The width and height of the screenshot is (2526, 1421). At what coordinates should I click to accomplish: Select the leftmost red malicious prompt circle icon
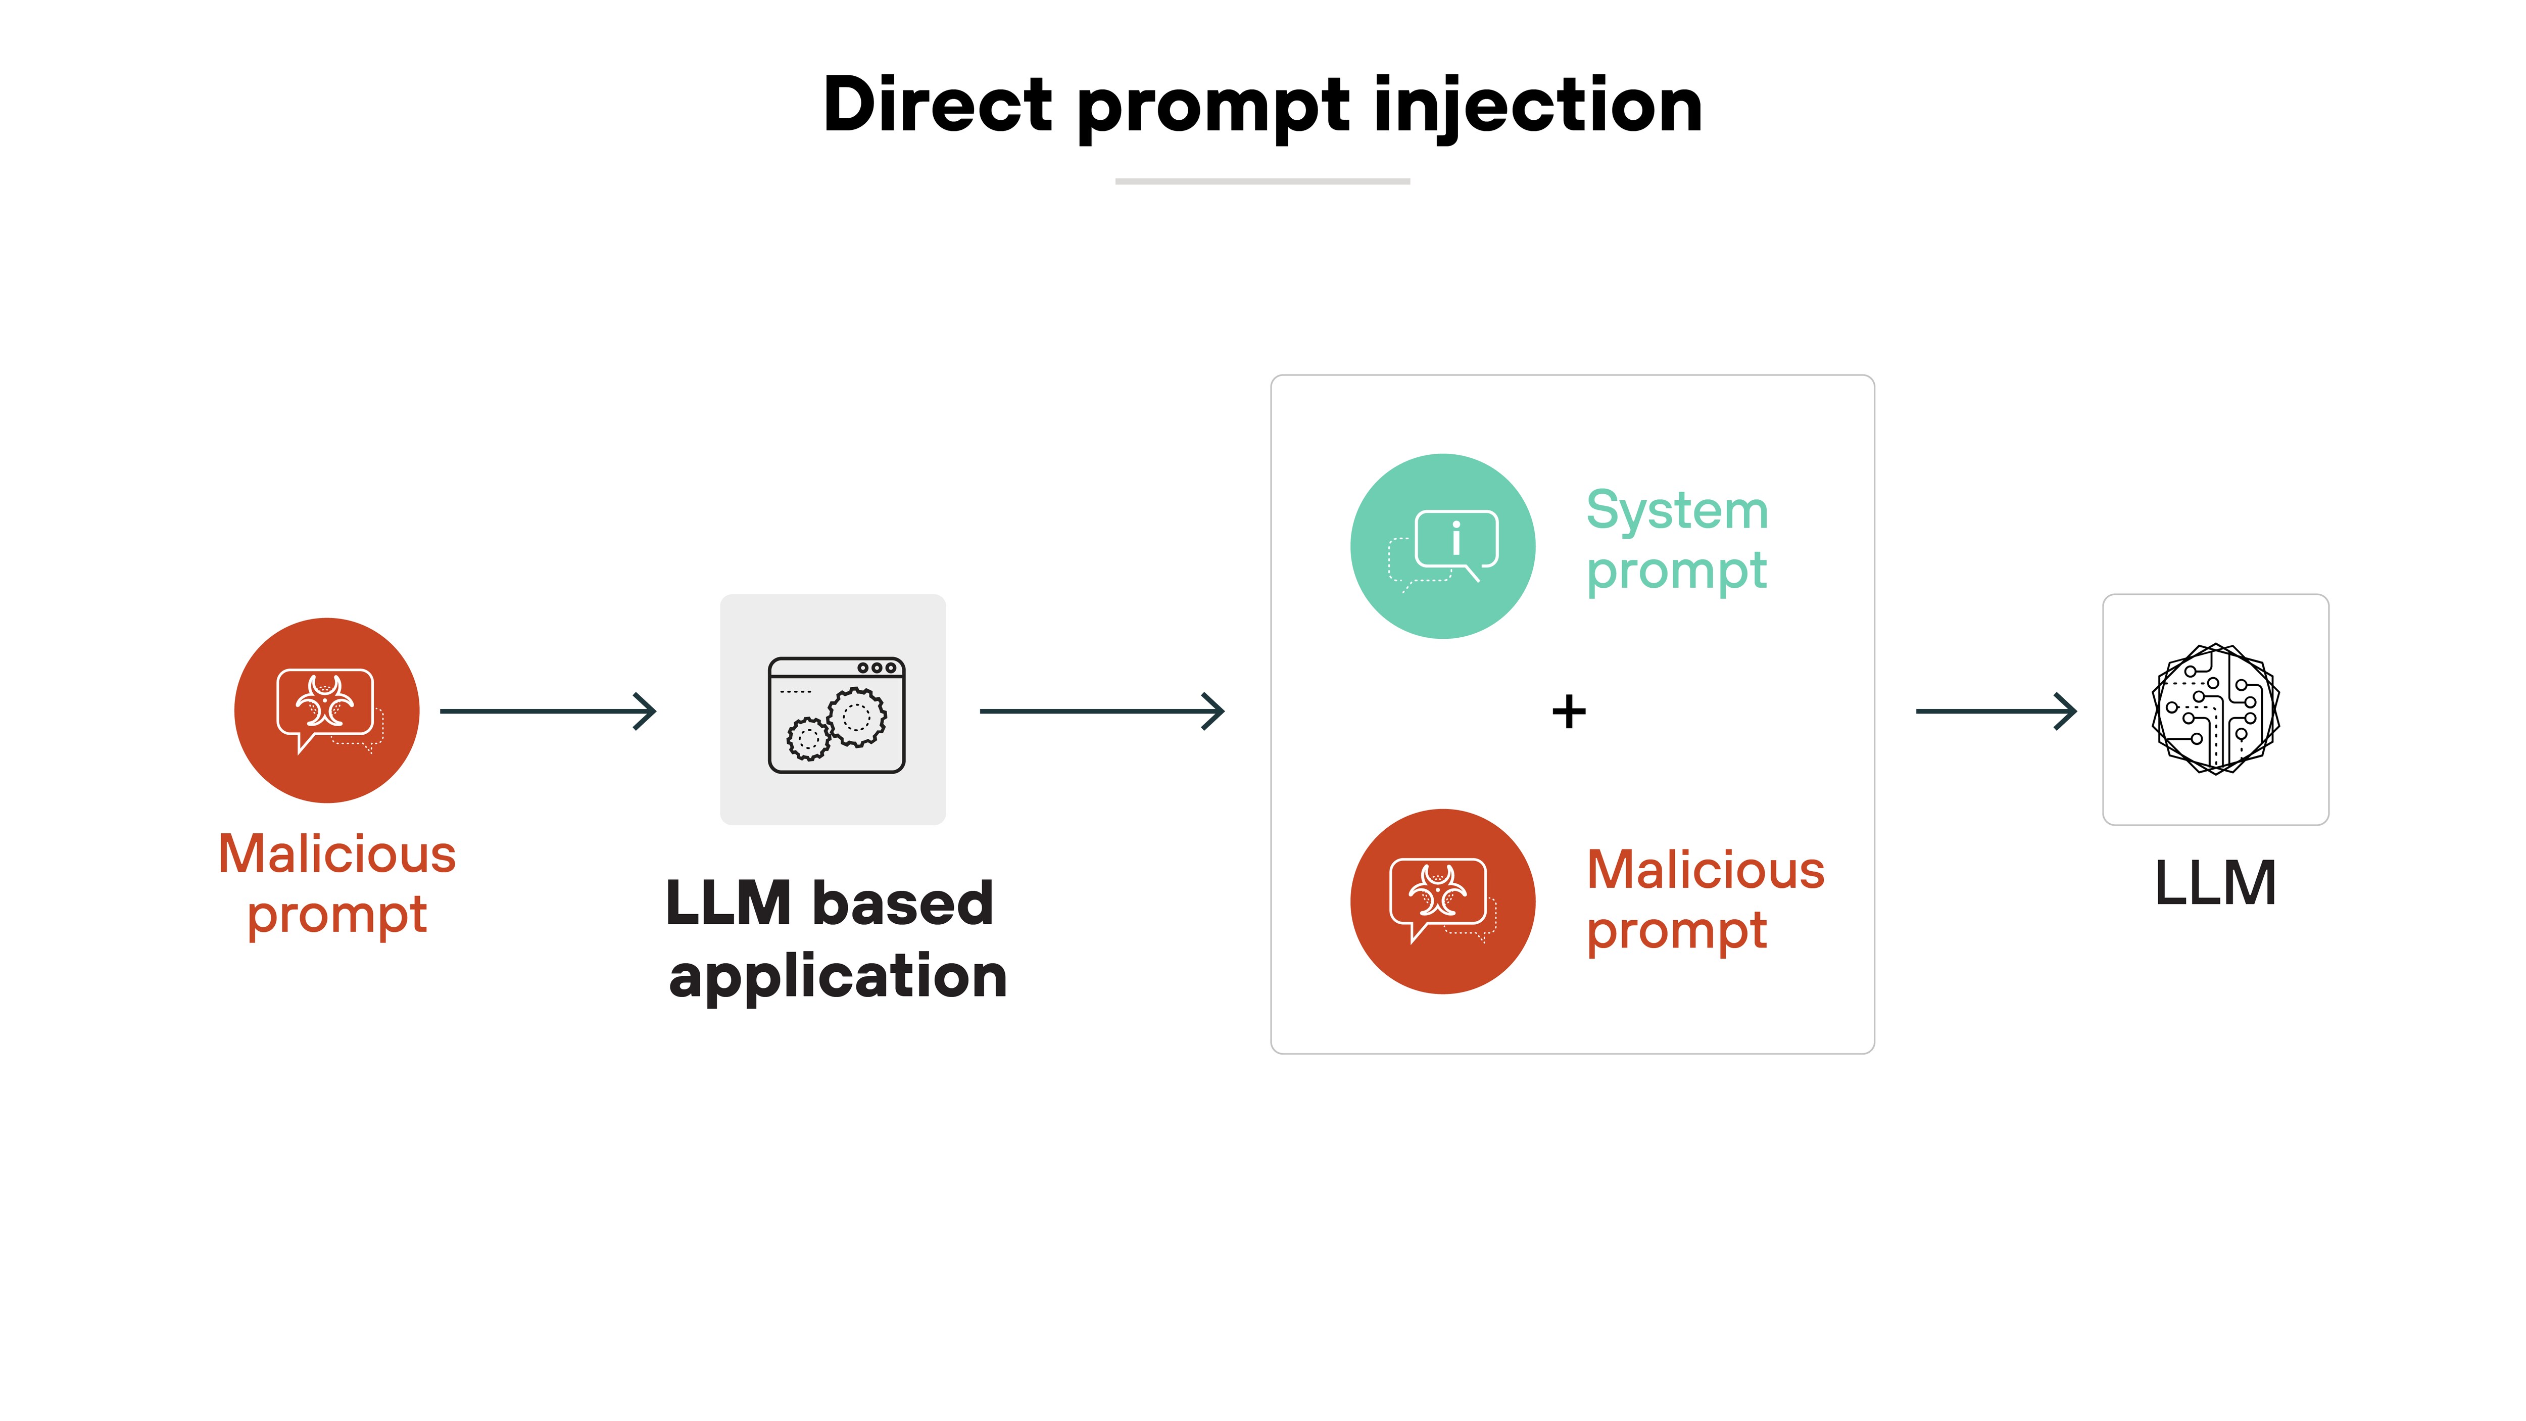(x=326, y=710)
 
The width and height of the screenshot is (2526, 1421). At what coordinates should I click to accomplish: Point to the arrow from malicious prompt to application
(x=547, y=711)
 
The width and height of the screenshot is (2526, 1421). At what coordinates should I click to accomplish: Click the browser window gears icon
(x=836, y=715)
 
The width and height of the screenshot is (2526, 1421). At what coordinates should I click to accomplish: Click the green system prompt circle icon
(x=1442, y=546)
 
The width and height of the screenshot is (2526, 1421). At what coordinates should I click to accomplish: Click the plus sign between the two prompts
(x=1568, y=711)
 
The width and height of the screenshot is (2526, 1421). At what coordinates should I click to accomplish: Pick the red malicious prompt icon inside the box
(x=1442, y=901)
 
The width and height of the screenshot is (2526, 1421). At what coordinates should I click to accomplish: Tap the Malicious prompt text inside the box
(x=1704, y=899)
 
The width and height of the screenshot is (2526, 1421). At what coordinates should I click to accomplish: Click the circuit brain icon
(x=2215, y=709)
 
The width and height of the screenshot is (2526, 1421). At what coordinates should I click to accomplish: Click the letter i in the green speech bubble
(x=1456, y=538)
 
